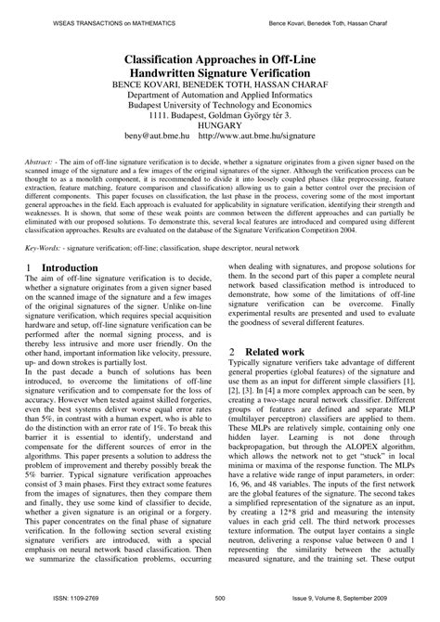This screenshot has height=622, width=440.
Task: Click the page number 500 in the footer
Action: [x=220, y=614]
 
